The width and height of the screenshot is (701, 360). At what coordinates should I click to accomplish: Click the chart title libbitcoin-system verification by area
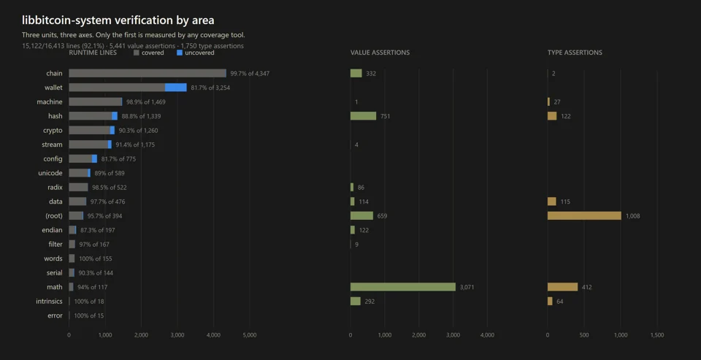[x=118, y=20]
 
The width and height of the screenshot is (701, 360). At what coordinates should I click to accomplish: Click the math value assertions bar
[x=403, y=287]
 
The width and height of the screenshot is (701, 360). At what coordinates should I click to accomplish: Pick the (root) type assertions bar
[x=584, y=216]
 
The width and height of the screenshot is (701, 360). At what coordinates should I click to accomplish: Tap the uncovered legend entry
[x=196, y=53]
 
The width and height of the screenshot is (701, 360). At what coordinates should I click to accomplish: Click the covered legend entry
[x=149, y=53]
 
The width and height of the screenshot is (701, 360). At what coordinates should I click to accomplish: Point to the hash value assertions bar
[x=364, y=116]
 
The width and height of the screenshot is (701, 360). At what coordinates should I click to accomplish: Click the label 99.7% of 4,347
[x=250, y=73]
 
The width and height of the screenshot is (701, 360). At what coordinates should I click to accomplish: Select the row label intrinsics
[x=49, y=302]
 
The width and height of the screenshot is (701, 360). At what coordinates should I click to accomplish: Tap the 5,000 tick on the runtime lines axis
[x=250, y=335]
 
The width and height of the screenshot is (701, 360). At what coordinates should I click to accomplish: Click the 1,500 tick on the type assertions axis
[x=657, y=335]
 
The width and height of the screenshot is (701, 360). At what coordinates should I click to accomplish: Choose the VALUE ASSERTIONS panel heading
[x=380, y=53]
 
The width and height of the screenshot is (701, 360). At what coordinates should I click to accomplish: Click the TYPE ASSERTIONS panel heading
[x=575, y=53]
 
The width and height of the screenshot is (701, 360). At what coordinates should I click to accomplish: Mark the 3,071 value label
[x=467, y=287]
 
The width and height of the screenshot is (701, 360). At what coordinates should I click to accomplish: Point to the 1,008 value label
[x=633, y=216]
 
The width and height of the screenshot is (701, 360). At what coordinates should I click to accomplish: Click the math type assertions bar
[x=563, y=287]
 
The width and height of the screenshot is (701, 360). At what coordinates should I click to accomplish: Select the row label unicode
[x=50, y=173]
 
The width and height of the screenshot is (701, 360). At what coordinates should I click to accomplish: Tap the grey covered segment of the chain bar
[x=148, y=73]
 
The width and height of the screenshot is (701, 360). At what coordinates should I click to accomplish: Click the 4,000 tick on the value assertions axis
[x=487, y=335]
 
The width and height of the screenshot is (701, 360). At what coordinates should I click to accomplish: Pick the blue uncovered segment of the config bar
[x=94, y=158]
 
